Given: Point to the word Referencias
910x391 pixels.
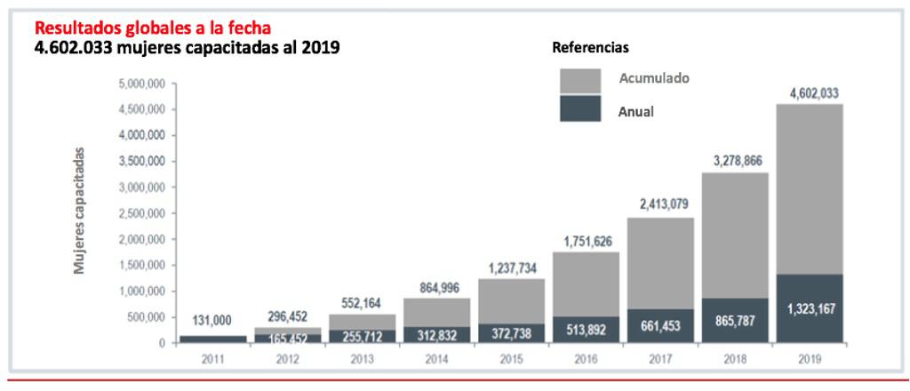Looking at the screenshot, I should coord(591,47).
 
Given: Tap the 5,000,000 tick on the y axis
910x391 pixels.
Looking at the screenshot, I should coord(143,84).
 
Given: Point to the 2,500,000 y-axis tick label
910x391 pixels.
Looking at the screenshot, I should coord(143,213).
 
